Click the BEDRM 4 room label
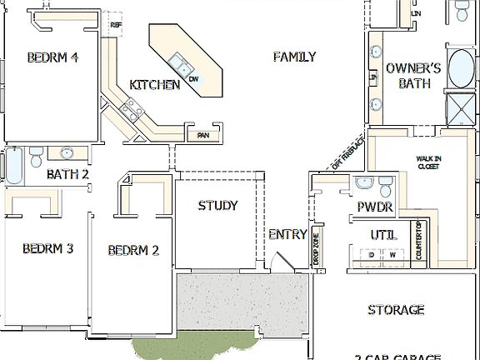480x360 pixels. tap(52, 57)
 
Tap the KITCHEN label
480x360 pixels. tap(154, 85)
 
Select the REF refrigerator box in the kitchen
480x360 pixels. tap(116, 25)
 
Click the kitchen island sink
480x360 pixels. tap(178, 62)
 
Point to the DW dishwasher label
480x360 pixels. tap(193, 78)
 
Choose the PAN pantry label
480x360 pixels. tap(202, 135)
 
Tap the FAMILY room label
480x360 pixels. tap(294, 57)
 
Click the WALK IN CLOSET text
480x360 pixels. tap(428, 162)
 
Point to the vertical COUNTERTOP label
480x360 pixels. tap(419, 242)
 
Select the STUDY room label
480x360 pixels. tap(217, 206)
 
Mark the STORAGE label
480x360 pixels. tap(396, 310)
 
